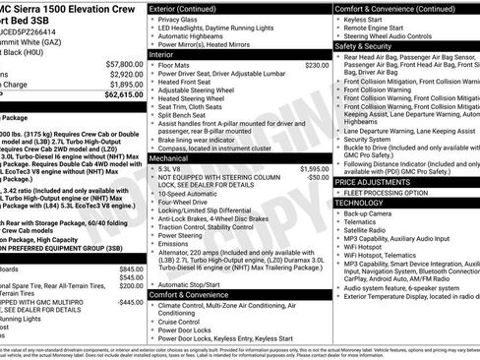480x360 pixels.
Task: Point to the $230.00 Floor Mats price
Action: (x=317, y=65)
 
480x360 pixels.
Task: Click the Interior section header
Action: (x=161, y=54)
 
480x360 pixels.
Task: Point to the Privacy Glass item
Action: (x=178, y=18)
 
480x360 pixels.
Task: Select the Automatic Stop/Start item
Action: (x=192, y=283)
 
